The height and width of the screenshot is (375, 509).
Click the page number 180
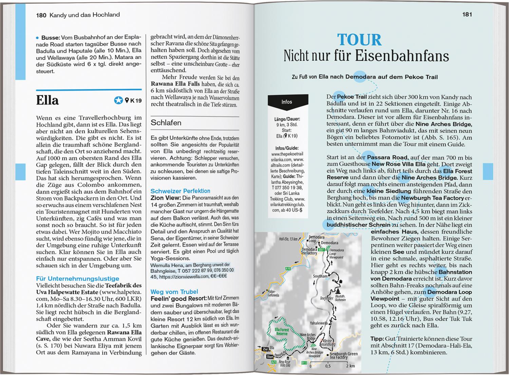[41, 15]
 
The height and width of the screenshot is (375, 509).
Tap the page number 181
[467, 15]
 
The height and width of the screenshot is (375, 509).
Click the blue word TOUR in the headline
[359, 40]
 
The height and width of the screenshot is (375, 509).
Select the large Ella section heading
[48, 100]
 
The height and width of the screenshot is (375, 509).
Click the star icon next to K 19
[118, 100]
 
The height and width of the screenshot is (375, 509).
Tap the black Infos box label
[287, 102]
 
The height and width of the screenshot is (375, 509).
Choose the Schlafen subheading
[166, 123]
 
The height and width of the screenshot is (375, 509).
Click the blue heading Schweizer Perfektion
[180, 191]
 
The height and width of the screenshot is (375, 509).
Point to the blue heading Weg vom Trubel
[174, 292]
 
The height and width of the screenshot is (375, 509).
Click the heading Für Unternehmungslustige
[78, 279]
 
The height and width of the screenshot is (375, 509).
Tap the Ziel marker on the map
[265, 349]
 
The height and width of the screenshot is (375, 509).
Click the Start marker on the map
[270, 357]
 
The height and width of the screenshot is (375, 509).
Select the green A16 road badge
[288, 268]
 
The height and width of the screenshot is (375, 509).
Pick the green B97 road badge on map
[321, 250]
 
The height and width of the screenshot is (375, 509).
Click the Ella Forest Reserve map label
[282, 332]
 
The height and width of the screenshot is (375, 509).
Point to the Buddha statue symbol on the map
[338, 292]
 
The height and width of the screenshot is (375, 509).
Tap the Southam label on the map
[320, 276]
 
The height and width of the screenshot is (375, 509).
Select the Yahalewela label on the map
[318, 323]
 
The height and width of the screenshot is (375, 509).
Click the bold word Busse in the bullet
[51, 38]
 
